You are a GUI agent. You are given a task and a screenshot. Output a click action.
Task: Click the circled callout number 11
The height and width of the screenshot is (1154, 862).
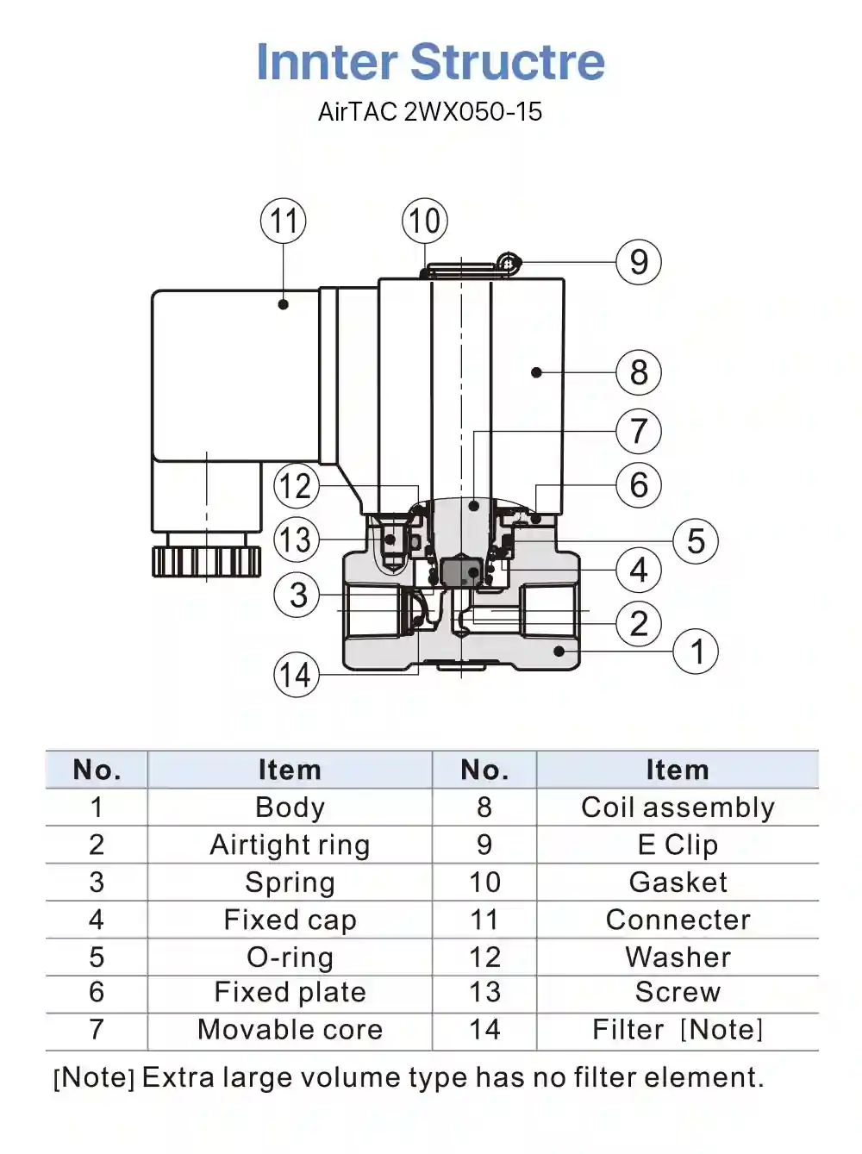(284, 221)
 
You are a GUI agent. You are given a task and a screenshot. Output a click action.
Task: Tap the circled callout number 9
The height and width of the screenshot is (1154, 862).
(639, 262)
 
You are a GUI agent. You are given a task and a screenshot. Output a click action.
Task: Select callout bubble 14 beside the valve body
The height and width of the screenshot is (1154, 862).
(297, 675)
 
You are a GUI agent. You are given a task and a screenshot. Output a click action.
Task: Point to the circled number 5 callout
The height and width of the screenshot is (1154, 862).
(696, 541)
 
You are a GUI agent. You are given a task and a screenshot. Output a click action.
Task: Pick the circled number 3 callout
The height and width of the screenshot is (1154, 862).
(297, 595)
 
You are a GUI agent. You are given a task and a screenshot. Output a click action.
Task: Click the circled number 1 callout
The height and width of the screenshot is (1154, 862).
(696, 652)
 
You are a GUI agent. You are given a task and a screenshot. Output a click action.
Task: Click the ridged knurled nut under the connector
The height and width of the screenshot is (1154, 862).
(207, 562)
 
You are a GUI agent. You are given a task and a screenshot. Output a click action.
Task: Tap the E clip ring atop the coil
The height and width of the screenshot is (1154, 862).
(509, 262)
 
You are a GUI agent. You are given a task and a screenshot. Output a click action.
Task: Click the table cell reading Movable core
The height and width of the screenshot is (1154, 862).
(290, 1029)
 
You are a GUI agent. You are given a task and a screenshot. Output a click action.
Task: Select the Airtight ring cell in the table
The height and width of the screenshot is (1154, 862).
(290, 845)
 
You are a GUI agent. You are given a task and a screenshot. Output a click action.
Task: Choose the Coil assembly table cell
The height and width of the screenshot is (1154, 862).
(678, 808)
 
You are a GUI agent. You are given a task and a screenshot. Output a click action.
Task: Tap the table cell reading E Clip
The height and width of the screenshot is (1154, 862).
(678, 845)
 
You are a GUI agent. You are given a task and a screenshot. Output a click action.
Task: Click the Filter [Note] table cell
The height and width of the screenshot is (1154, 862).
(678, 1029)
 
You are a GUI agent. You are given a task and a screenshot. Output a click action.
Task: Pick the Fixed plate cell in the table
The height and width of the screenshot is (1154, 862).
(290, 992)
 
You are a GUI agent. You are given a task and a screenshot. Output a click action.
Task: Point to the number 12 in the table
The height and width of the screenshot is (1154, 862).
(484, 956)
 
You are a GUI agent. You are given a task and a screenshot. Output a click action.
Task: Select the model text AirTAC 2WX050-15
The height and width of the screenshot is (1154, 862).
(430, 111)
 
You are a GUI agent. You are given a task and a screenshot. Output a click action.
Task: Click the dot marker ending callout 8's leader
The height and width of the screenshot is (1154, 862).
(536, 372)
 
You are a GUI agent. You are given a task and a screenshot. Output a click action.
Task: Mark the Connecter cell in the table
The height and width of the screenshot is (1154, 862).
(678, 920)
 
